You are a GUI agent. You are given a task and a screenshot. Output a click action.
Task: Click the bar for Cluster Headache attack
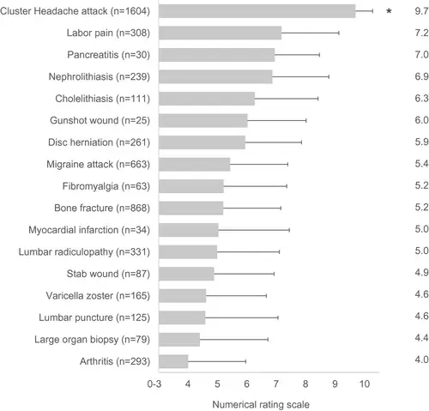pyautogui.click(x=257, y=11)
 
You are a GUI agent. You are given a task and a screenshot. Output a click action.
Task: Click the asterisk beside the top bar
pyautogui.click(x=390, y=12)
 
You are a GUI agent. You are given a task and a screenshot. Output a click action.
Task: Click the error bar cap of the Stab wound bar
pyautogui.click(x=274, y=274)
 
